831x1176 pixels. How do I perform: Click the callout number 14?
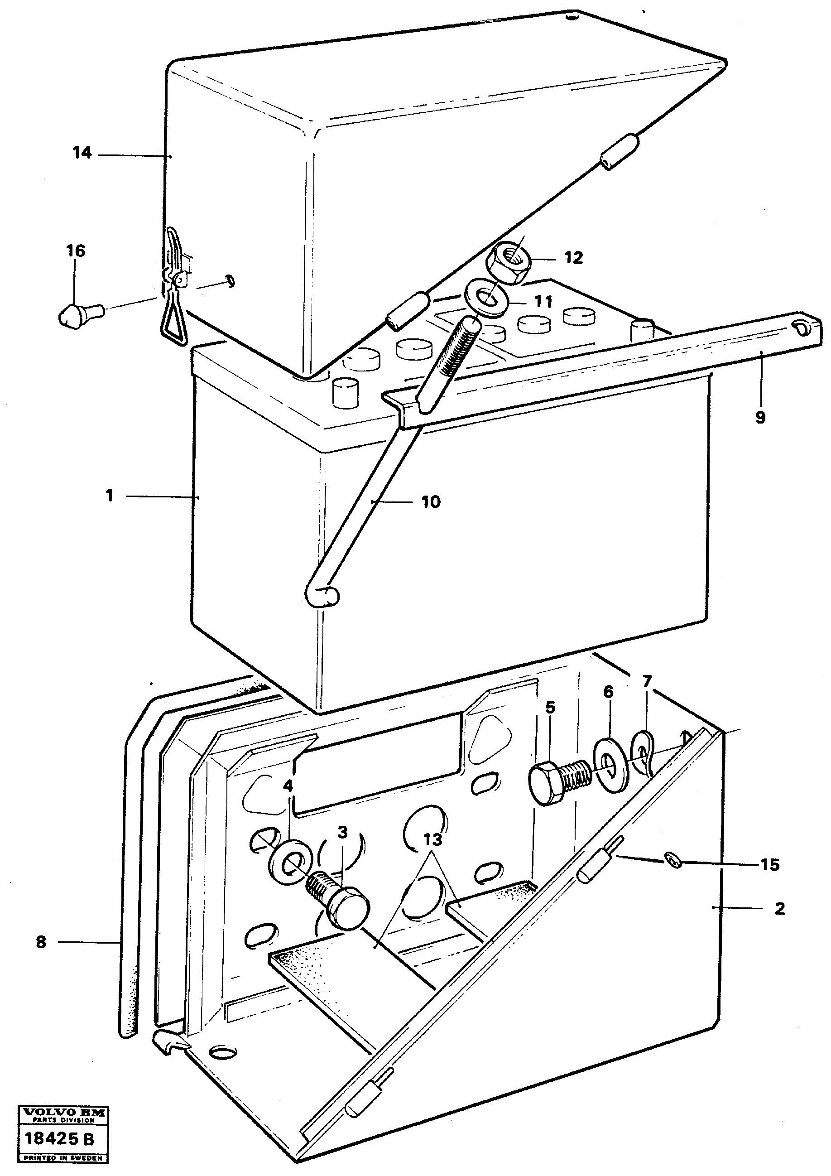tap(82, 153)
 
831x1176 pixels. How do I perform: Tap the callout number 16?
tap(75, 251)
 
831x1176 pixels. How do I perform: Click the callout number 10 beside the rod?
tap(431, 502)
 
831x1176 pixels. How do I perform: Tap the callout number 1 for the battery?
tap(109, 496)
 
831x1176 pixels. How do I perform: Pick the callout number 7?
tap(647, 682)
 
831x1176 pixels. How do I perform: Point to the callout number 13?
tap(432, 840)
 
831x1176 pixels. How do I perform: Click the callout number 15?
tap(769, 865)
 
